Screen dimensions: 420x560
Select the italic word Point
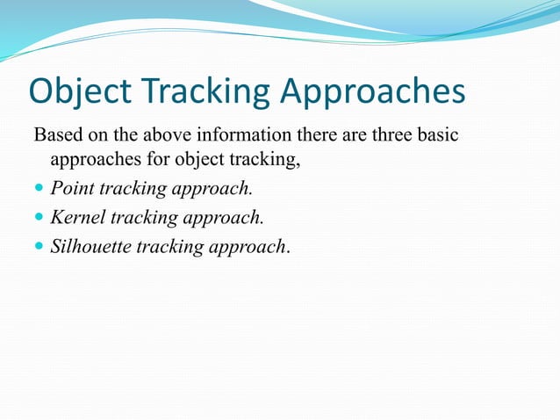click(x=72, y=187)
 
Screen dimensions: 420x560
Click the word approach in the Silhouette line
click(x=247, y=246)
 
